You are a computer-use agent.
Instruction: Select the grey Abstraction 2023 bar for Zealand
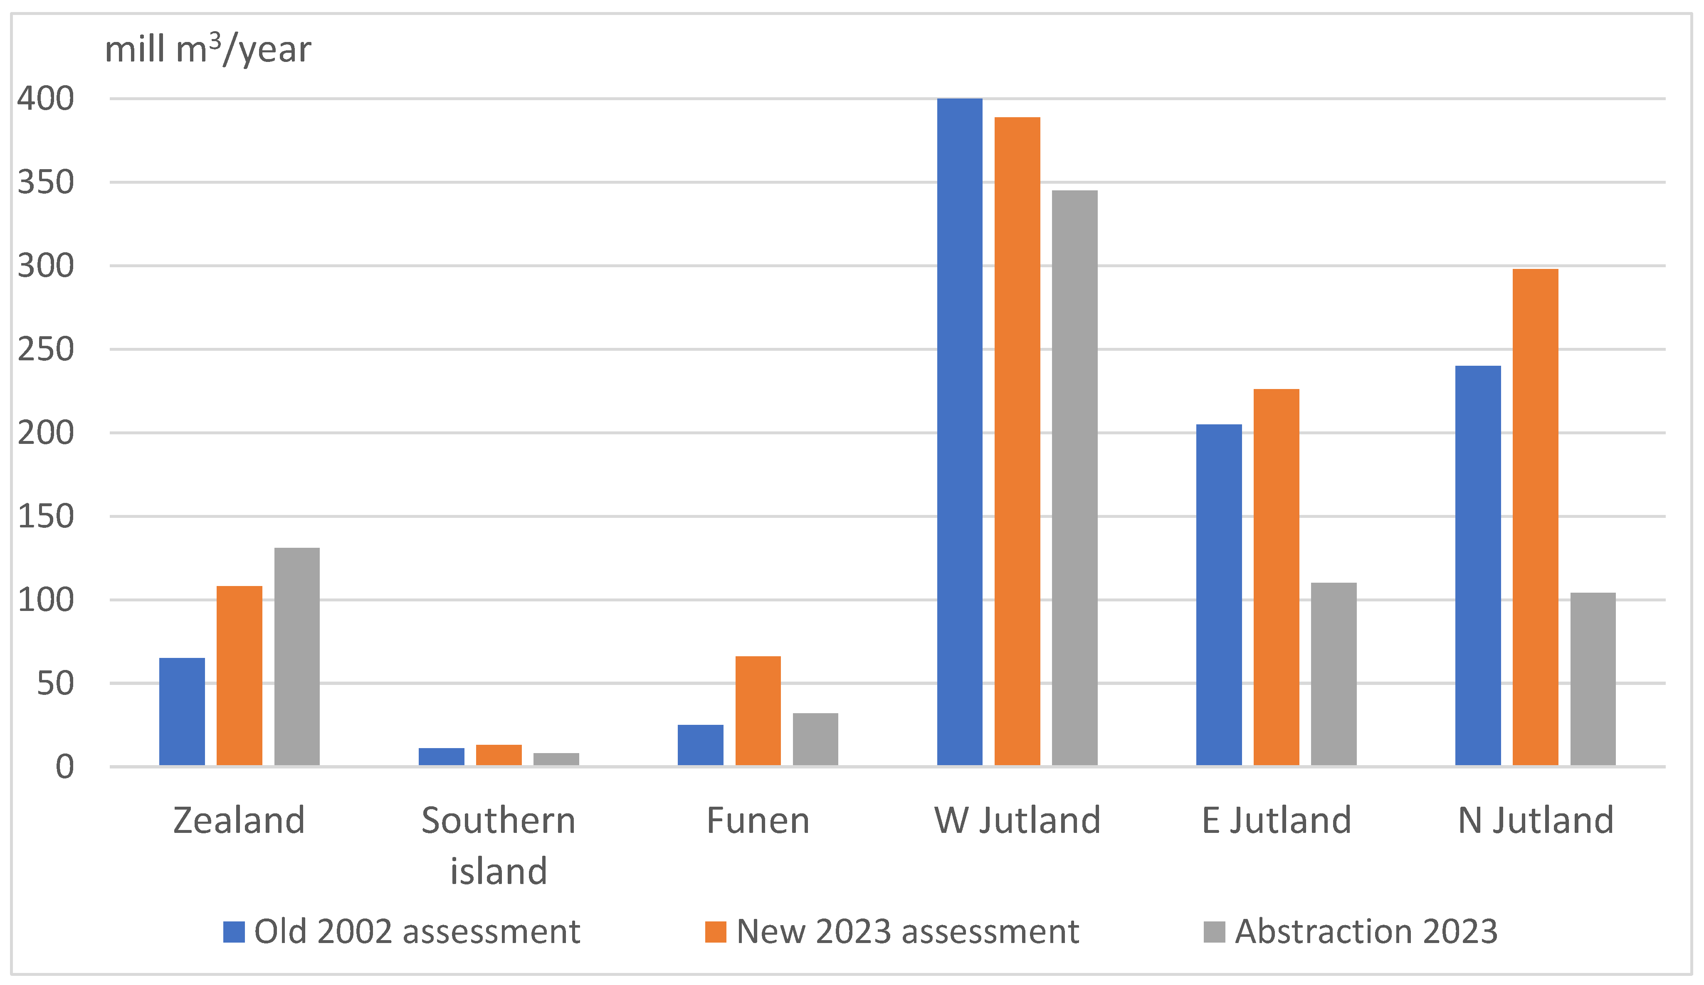(x=297, y=656)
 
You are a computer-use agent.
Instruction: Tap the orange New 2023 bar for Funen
(x=758, y=711)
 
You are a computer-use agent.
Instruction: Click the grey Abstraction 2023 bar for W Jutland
(x=1074, y=478)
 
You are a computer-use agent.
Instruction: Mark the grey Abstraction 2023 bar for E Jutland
(x=1334, y=674)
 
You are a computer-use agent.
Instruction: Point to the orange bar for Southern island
(x=499, y=755)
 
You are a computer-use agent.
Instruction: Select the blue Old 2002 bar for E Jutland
(x=1218, y=595)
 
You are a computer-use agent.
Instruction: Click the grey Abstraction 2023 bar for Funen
(x=815, y=739)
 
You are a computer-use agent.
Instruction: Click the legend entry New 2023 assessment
(x=907, y=931)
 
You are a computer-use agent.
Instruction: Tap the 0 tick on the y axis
(x=65, y=767)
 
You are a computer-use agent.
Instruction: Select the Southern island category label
(x=499, y=845)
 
